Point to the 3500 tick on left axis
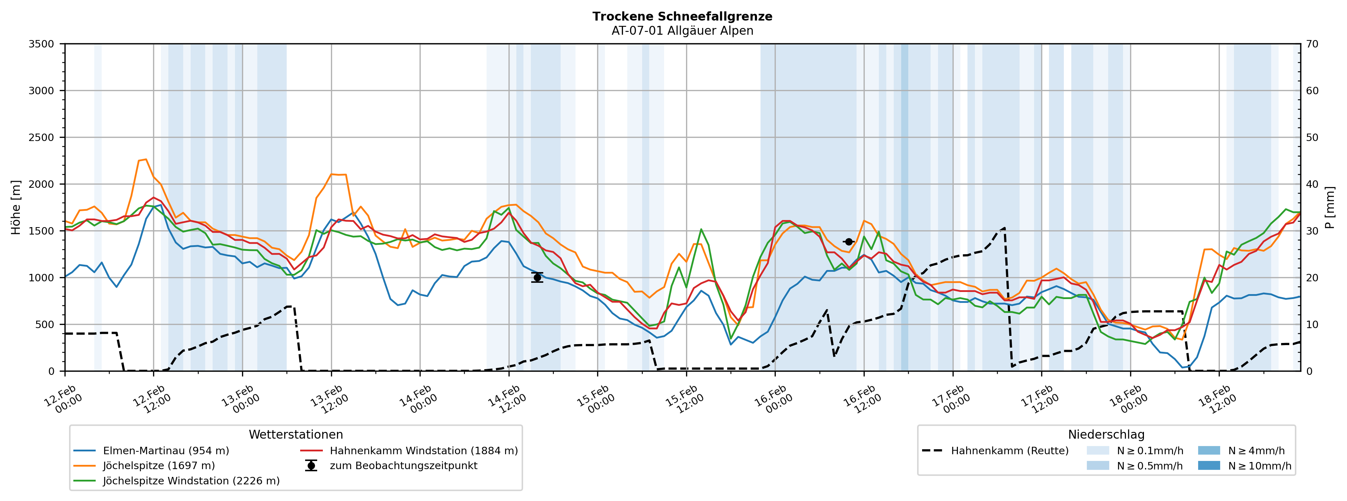tap(41, 44)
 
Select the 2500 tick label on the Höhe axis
tap(41, 137)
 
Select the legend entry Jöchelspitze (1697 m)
tap(158, 466)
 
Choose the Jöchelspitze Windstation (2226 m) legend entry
tap(191, 480)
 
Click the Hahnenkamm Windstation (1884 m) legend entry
tap(423, 451)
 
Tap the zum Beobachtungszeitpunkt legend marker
tap(311, 466)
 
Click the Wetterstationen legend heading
tap(296, 435)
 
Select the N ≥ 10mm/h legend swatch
tap(1208, 466)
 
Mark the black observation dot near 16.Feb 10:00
tap(849, 242)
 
